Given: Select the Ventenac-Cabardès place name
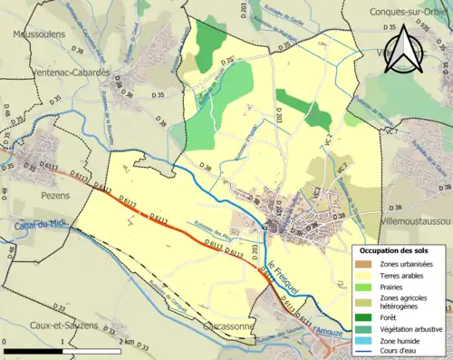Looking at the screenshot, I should tap(62, 73).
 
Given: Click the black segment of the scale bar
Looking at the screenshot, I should tap(33, 349).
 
